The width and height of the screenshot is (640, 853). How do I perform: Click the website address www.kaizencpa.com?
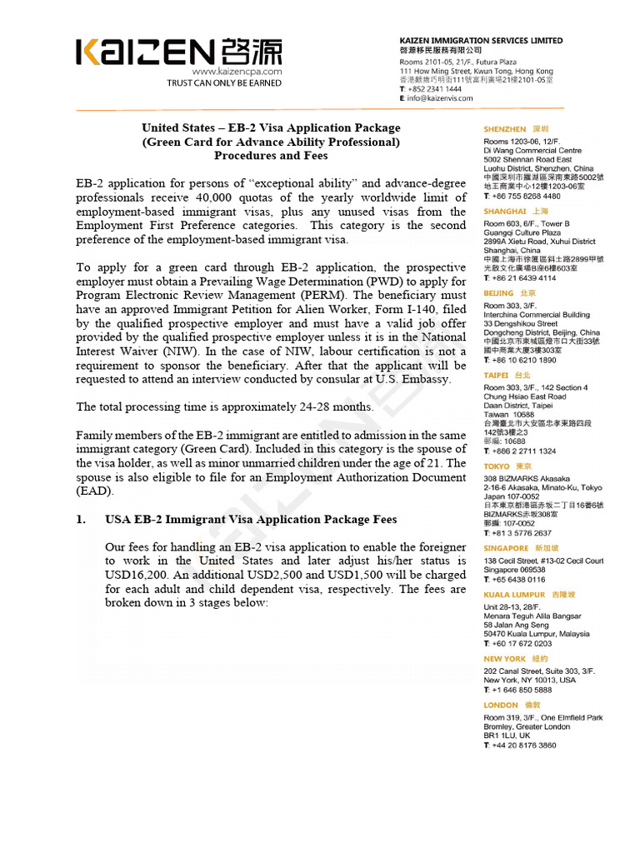click(237, 72)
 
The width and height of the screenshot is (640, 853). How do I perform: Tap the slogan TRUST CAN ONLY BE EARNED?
click(224, 82)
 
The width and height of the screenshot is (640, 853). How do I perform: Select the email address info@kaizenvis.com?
click(440, 98)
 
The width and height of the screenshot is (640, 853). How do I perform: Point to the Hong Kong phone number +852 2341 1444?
click(434, 89)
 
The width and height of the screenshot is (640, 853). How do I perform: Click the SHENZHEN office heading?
click(505, 130)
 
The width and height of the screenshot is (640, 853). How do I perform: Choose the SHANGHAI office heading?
click(504, 212)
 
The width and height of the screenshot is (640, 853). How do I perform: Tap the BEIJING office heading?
click(498, 293)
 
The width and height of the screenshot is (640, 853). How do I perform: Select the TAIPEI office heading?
click(497, 376)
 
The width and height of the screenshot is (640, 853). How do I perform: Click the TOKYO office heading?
click(497, 466)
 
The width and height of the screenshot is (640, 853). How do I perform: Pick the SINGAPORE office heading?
click(506, 548)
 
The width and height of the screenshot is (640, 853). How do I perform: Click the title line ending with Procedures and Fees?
click(271, 155)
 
